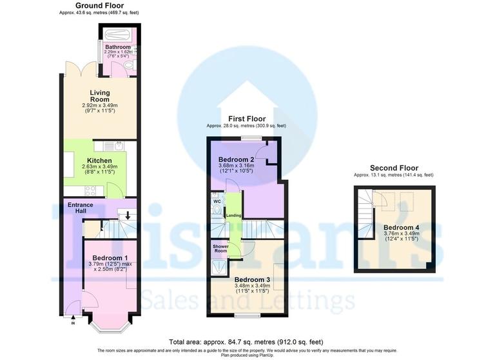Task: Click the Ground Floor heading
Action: click(99, 6)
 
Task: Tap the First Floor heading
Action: click(247, 119)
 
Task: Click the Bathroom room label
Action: click(118, 47)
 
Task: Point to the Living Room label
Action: click(99, 96)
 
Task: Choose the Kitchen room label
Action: click(100, 161)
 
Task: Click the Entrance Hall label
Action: click(81, 208)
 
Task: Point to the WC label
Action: click(217, 201)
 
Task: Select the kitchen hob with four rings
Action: click(90, 190)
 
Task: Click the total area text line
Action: click(247, 341)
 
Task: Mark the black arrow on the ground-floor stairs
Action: click(128, 215)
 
